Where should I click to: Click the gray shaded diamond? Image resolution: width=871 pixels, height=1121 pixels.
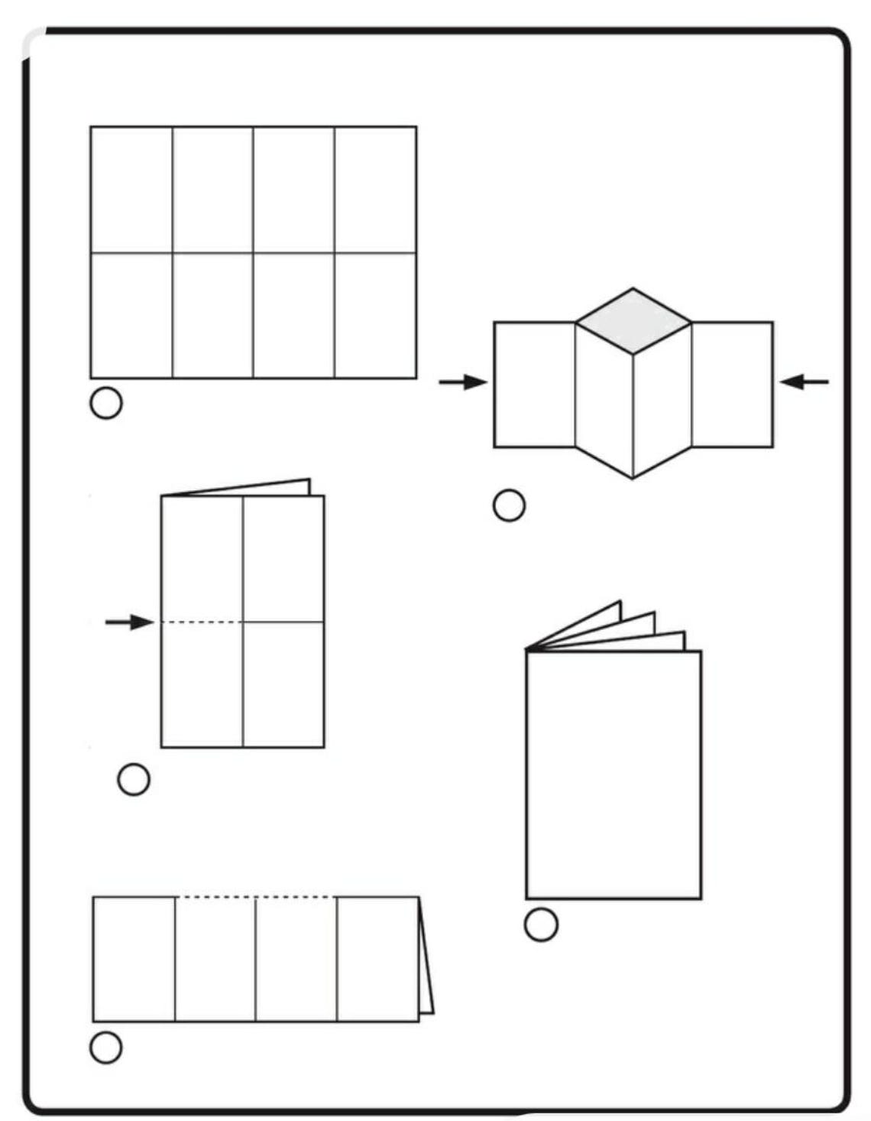(633, 321)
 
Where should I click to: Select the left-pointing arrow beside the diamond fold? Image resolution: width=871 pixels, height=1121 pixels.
(804, 381)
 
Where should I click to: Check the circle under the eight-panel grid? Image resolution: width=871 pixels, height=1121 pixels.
(106, 403)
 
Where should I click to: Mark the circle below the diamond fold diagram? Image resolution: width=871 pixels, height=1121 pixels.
(509, 505)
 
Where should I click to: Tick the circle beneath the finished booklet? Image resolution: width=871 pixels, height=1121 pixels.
(541, 924)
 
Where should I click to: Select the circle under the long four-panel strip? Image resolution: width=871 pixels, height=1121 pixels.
(106, 1047)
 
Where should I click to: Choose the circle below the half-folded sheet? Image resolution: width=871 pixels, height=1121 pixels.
(134, 779)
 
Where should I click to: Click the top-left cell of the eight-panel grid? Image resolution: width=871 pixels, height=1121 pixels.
(131, 190)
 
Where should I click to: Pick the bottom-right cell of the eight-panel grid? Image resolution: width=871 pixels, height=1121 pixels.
(375, 315)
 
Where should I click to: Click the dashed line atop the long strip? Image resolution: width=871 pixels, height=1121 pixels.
(255, 897)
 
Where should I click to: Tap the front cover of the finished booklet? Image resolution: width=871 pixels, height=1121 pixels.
(614, 775)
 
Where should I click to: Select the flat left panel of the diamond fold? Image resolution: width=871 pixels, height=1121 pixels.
(534, 384)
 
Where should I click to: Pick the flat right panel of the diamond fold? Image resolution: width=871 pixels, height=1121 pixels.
(732, 384)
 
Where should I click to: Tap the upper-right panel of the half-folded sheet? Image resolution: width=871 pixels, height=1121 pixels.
(283, 558)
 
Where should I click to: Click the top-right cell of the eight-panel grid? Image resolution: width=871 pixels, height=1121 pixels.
(375, 190)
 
